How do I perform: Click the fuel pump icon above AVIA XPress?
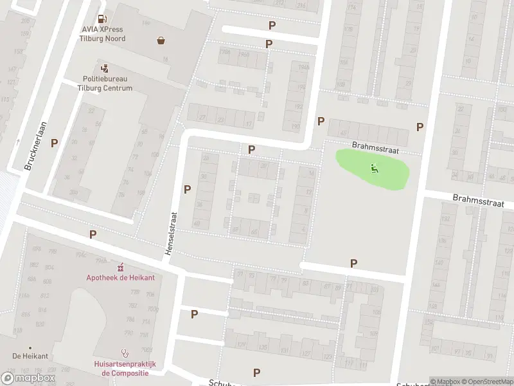pyautogui.click(x=102, y=19)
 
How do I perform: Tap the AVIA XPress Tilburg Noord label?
pyautogui.click(x=103, y=34)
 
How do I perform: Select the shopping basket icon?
pyautogui.click(x=161, y=41)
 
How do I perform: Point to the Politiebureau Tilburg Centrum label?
pyautogui.click(x=105, y=84)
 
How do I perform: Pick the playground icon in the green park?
pyautogui.click(x=374, y=169)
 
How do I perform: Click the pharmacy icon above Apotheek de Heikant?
pyautogui.click(x=120, y=266)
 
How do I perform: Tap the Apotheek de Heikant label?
pyautogui.click(x=120, y=277)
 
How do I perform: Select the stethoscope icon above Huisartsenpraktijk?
pyautogui.click(x=125, y=353)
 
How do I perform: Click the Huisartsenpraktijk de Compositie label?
pyautogui.click(x=125, y=368)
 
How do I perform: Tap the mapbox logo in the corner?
pyautogui.click(x=29, y=378)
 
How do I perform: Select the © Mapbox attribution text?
pyautogui.click(x=444, y=381)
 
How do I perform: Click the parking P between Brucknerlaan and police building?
pyautogui.click(x=55, y=143)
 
